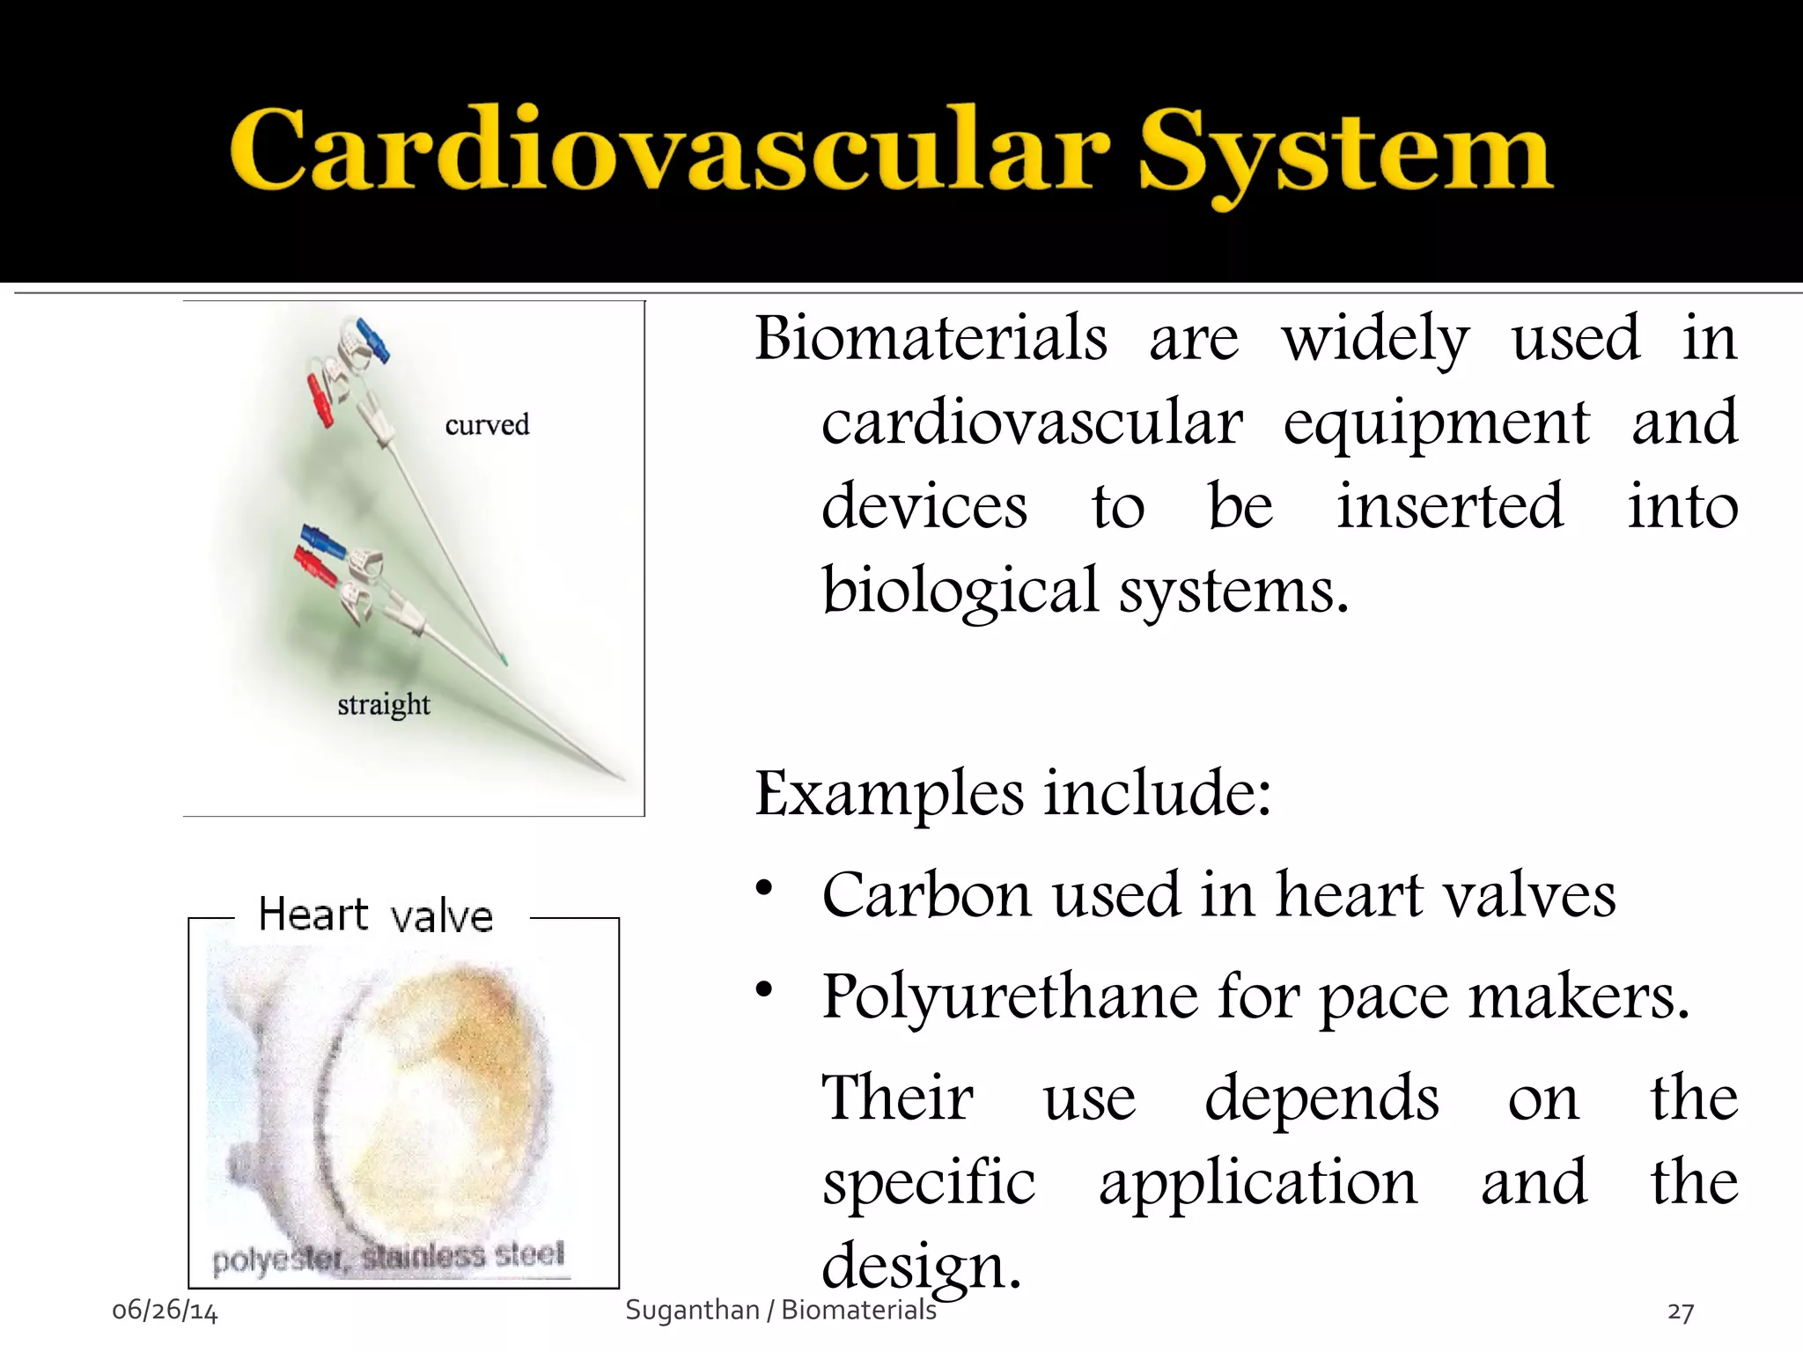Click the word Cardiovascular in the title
[x=669, y=151]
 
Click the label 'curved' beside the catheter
[x=487, y=425]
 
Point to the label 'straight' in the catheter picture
[x=384, y=705]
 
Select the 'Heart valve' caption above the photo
[x=375, y=915]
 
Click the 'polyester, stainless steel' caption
[x=388, y=1257]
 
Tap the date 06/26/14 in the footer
[x=165, y=1311]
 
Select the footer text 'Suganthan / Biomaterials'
[x=780, y=1310]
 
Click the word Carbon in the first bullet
[x=926, y=895]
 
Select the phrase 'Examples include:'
[x=1012, y=793]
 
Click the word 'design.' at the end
[x=921, y=1265]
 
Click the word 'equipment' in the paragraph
[x=1436, y=422]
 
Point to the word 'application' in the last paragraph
[x=1258, y=1182]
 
